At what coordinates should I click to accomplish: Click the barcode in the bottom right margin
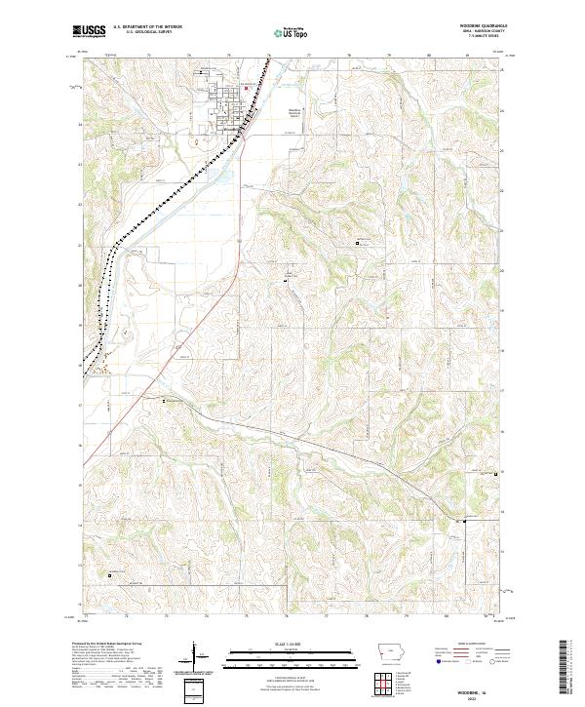coord(565,673)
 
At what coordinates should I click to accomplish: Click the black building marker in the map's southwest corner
coord(109,575)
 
